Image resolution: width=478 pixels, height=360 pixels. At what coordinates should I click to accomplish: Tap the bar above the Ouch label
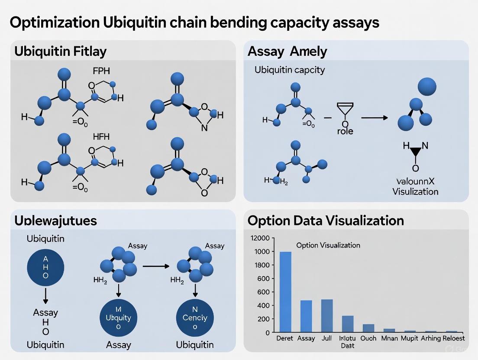pos(368,328)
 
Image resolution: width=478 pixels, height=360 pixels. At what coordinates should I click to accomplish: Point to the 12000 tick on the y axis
pos(260,238)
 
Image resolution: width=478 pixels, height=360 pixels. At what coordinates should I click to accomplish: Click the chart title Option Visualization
pos(328,245)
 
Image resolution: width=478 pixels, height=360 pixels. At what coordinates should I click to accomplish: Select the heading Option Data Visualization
pos(326,221)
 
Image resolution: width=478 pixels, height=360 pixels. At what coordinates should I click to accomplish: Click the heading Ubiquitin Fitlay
pos(61,51)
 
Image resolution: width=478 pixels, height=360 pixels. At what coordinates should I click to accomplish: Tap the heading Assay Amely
pos(287,51)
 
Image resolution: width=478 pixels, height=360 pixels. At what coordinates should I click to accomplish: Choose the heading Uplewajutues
pos(55,221)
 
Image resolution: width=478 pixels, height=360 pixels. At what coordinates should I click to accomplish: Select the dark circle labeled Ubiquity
pos(118,317)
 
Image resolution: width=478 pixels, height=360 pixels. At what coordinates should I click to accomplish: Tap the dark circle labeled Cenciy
pos(195,317)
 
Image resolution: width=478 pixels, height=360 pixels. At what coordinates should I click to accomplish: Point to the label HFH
pos(101,137)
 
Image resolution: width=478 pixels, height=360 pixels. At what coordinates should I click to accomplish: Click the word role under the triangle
pos(345,131)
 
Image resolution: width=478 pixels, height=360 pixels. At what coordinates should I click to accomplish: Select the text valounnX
pos(415,182)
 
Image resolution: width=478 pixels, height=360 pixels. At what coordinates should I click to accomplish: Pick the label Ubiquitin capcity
pos(290,70)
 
